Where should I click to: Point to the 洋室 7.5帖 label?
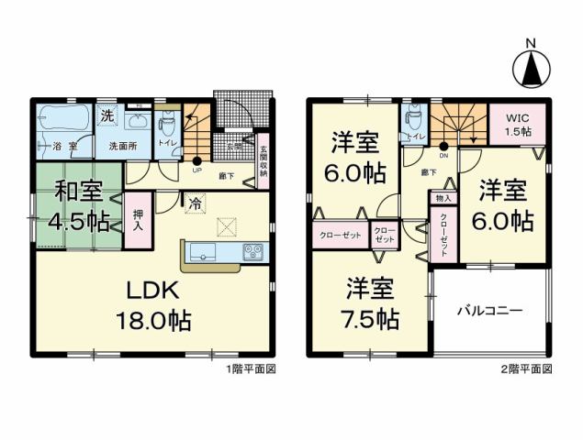(372, 305)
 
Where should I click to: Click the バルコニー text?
(491, 312)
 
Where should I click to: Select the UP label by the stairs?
(196, 170)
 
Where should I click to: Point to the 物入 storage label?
(442, 198)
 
